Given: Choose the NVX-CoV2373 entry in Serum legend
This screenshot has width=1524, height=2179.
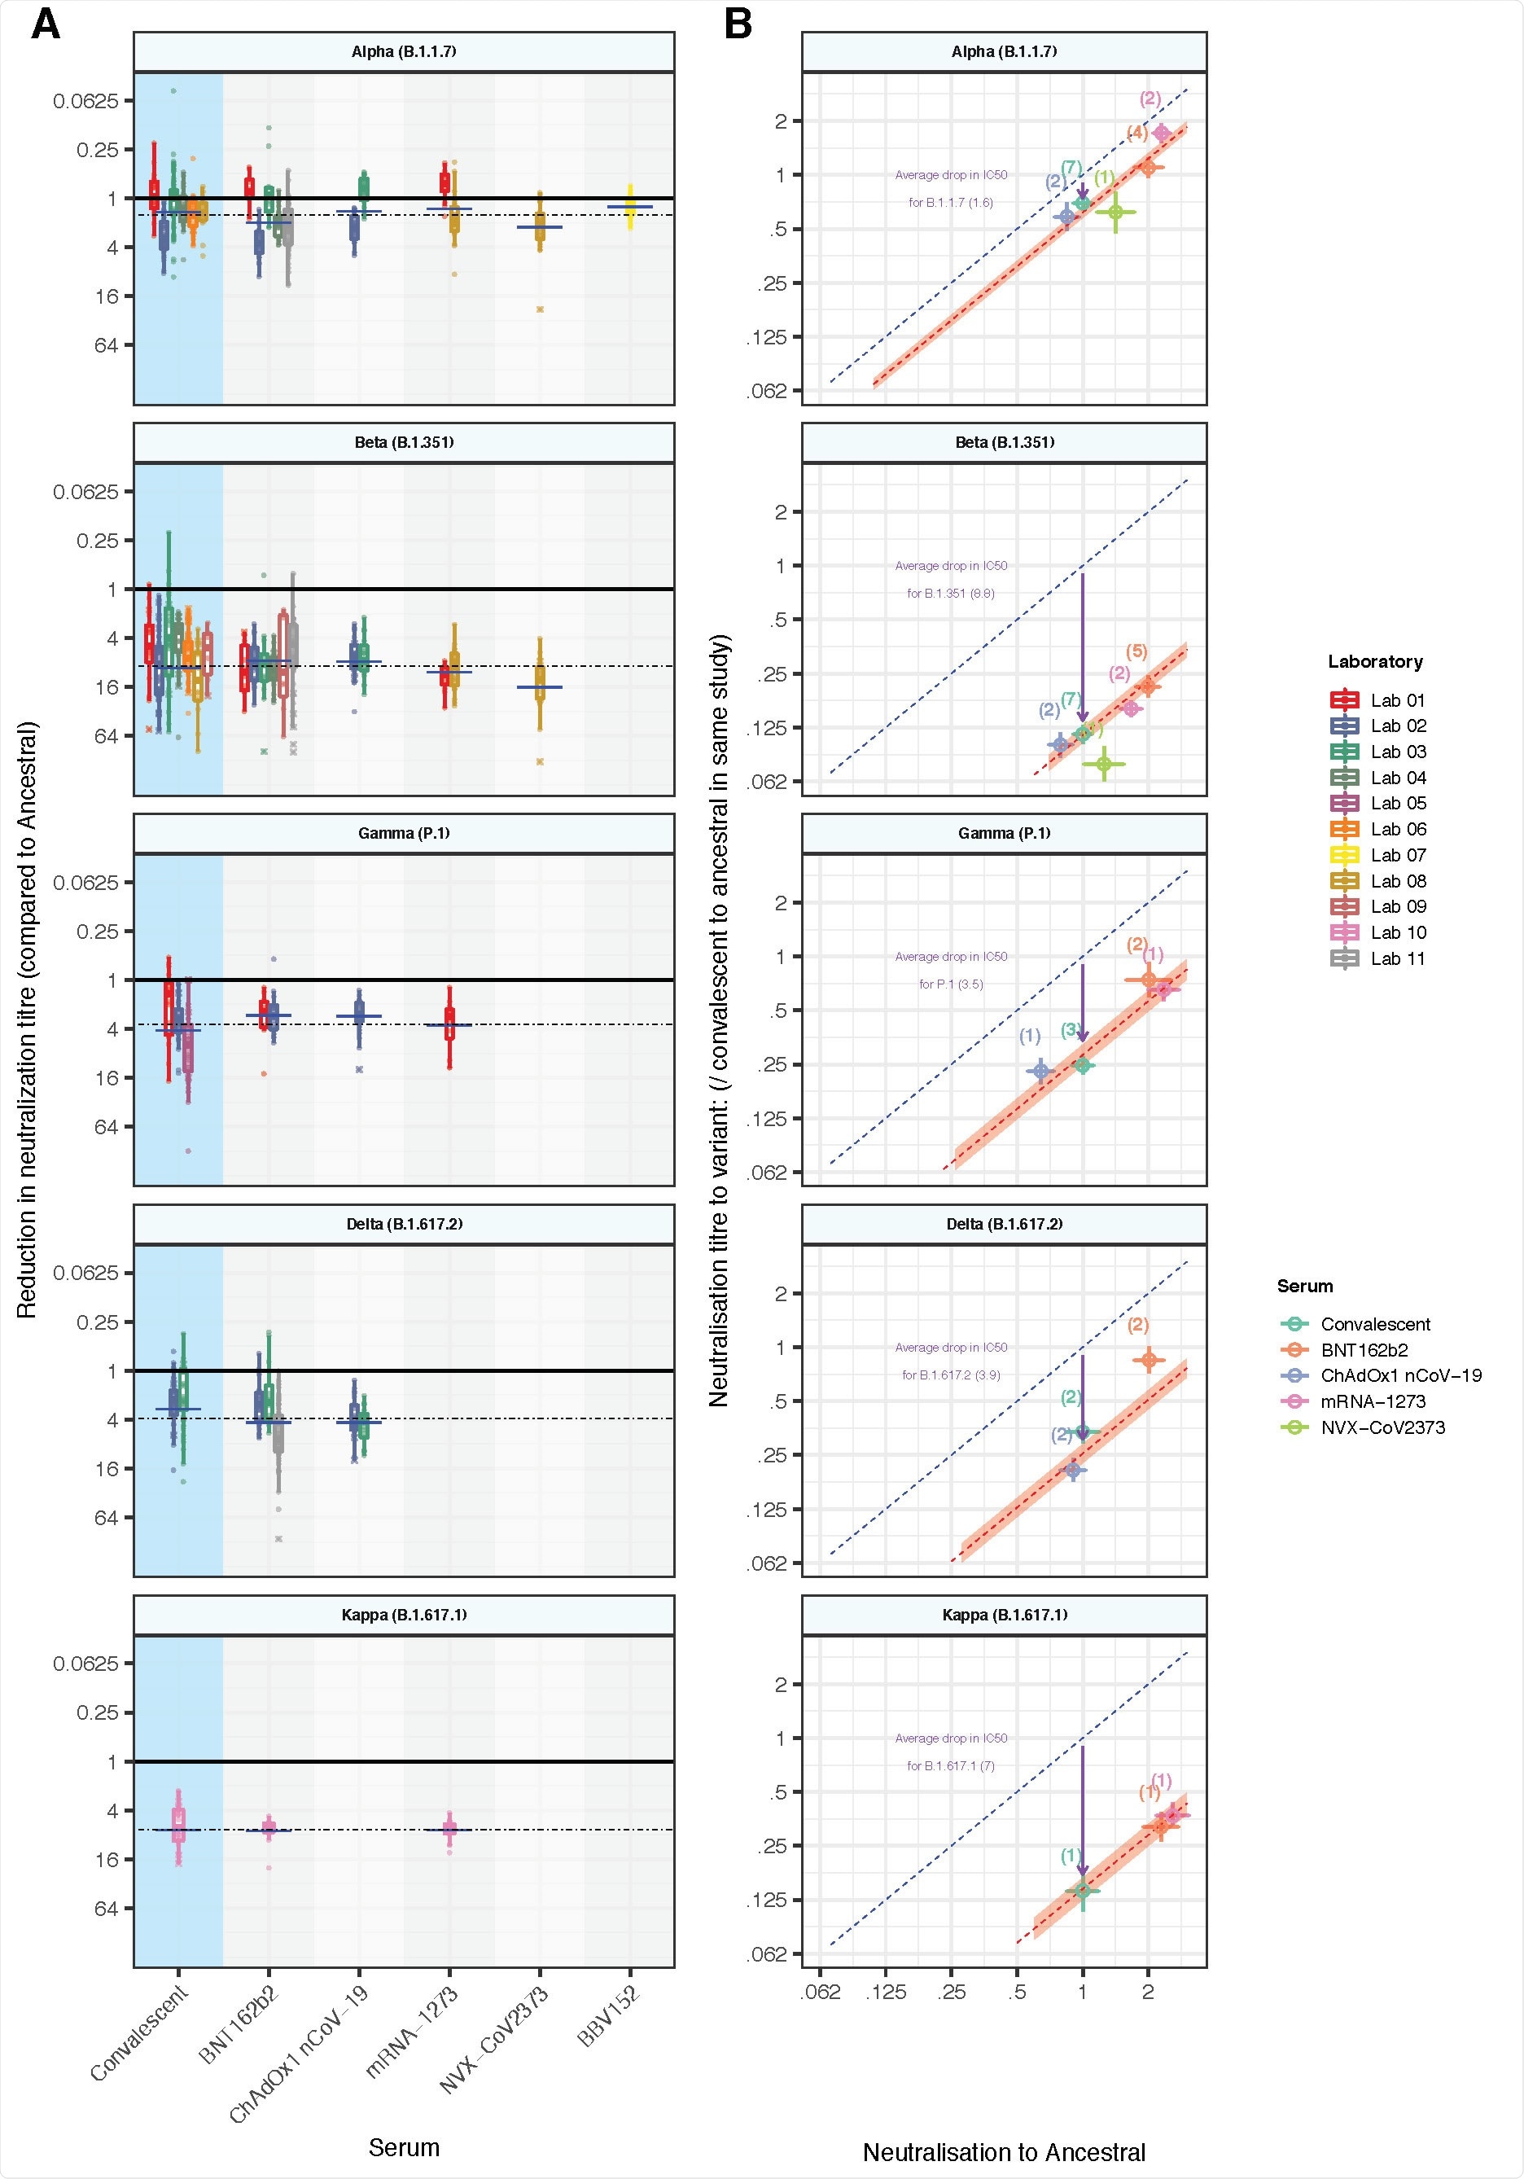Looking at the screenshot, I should point(1382,1427).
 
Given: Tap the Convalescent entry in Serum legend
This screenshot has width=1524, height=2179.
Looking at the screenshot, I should point(1374,1324).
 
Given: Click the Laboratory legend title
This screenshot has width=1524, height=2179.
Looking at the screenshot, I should point(1375,661).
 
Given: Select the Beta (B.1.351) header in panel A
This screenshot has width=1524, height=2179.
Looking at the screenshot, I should point(405,442).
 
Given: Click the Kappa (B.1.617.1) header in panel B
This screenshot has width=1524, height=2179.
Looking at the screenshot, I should point(1004,1615).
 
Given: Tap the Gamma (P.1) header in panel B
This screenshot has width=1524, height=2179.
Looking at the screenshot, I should point(1004,833).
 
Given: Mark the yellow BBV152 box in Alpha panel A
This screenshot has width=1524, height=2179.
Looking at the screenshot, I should point(630,206).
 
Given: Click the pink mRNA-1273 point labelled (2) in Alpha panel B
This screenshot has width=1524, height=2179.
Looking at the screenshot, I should point(1161,133).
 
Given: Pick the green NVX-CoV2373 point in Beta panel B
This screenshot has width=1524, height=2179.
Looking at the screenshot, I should point(1104,763).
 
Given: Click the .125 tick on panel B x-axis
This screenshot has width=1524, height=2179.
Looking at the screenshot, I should point(886,1991).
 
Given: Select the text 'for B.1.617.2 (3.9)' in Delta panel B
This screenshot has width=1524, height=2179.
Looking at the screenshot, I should point(951,1374).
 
